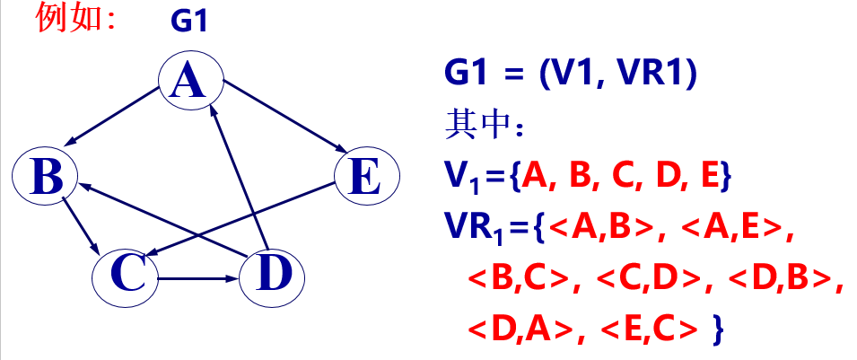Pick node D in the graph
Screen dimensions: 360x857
272,275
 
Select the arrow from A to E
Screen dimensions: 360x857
282,114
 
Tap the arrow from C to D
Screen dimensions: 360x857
199,277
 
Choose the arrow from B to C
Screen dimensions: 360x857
81,224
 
